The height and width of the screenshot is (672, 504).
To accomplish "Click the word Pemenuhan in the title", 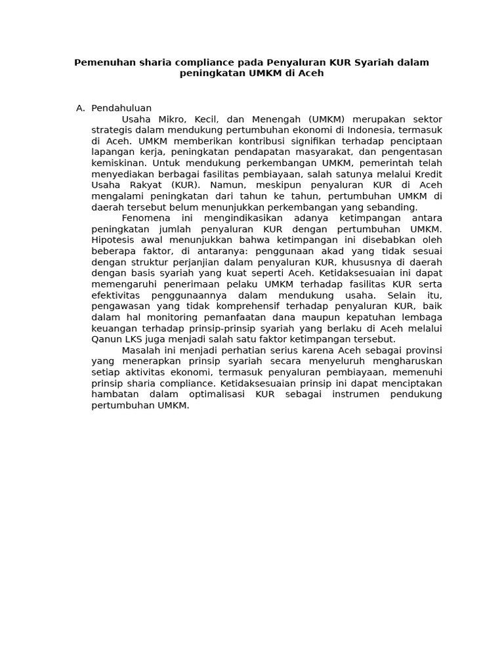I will coord(100,62).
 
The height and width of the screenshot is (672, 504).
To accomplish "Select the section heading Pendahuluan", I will coord(121,108).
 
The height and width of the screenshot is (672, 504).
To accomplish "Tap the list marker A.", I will coord(81,108).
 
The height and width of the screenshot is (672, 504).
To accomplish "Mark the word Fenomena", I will coord(146,218).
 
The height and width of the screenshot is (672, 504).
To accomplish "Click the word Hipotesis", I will coord(114,240).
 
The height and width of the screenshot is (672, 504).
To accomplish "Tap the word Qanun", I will coord(106,339).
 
